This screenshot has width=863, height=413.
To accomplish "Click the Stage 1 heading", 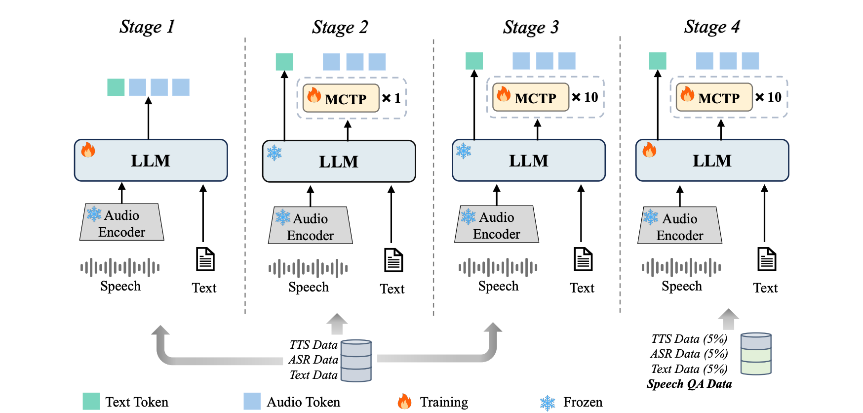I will coord(147,27).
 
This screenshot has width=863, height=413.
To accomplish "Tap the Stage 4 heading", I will coord(711,27).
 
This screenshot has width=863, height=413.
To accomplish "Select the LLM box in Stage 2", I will coord(339,162).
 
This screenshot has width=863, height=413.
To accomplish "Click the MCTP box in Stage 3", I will coord(531,97).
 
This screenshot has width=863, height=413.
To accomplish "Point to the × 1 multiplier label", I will coord(392,98).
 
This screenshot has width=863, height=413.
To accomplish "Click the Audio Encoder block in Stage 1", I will coord(122,223).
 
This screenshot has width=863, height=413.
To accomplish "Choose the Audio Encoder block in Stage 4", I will coord(680,226).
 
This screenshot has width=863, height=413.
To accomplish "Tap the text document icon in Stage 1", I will coord(205,259).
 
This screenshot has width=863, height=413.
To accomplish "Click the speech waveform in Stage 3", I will coord(498,268).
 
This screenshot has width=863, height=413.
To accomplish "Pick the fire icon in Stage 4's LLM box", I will coord(649,150).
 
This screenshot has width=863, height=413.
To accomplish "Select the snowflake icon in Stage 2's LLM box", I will coord(275,153).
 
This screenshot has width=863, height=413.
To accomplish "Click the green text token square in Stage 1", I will coord(116,87).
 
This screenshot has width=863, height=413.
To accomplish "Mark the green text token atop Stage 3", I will coord(474,61).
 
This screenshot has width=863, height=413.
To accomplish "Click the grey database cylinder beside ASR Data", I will coord(356,361).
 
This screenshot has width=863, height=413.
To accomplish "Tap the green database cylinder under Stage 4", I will coord(756,354).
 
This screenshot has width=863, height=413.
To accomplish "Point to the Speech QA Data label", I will coord(689,384).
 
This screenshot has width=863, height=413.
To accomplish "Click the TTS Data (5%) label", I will coord(689,339).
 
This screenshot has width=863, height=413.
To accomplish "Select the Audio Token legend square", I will coord(252,402).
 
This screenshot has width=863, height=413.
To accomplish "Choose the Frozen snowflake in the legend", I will coord(548,403).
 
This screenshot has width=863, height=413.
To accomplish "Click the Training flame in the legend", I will coord(405,402).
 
